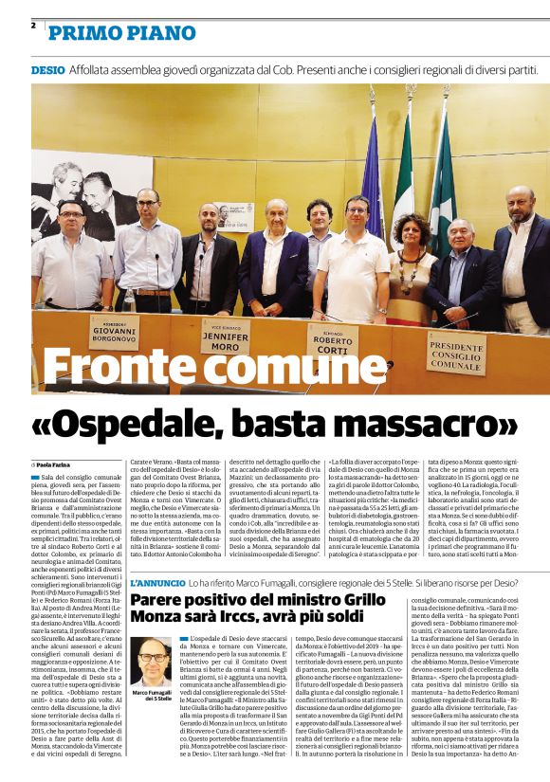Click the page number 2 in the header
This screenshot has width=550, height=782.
click(33, 26)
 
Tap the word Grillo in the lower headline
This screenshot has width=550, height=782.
click(366, 599)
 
